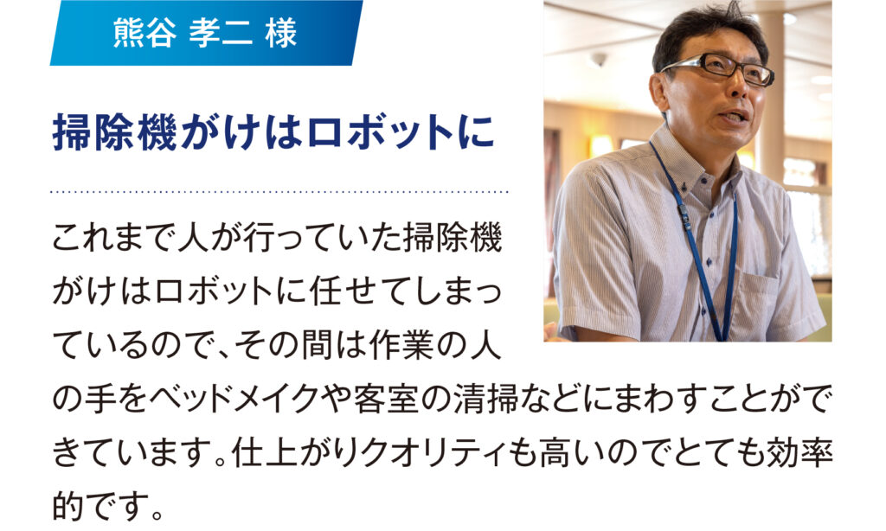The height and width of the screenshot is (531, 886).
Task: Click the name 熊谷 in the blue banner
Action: coord(144,33)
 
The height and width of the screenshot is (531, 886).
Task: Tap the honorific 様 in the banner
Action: coord(281,33)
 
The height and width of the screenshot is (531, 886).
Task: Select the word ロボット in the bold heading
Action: coord(381,133)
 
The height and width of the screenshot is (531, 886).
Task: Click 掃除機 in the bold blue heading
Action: coord(115,133)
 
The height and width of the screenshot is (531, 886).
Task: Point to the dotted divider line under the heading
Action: coord(279,192)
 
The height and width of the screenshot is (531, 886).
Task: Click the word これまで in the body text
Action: coord(114,239)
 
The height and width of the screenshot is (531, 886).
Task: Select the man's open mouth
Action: coord(735,117)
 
